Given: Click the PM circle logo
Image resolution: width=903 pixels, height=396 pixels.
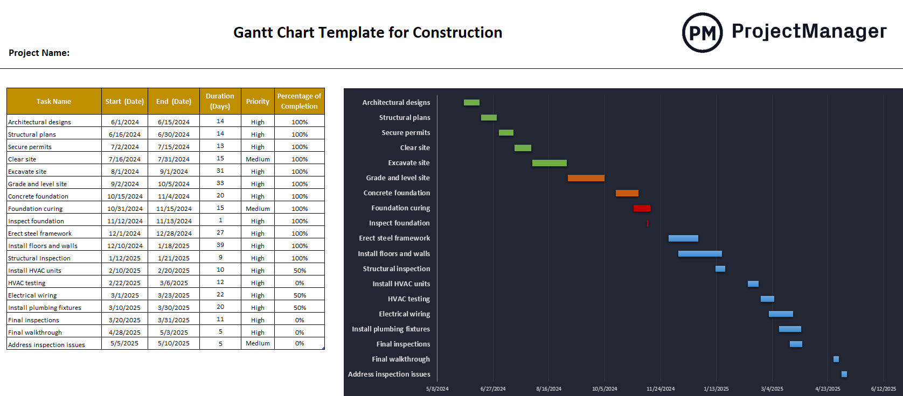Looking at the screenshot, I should click(702, 33).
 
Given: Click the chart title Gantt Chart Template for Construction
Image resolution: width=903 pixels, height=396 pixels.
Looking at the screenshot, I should click(367, 33).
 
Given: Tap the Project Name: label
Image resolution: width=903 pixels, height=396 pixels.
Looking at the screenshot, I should click(39, 53).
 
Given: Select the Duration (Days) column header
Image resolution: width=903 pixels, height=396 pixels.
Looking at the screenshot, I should click(220, 101).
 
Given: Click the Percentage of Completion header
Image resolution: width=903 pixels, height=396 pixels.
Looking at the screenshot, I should click(299, 101).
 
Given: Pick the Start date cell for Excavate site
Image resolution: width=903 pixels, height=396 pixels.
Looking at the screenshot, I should click(124, 172).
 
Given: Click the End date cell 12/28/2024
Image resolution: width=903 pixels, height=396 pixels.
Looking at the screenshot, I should click(173, 234).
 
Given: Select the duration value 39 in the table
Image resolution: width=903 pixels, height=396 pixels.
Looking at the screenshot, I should click(220, 245).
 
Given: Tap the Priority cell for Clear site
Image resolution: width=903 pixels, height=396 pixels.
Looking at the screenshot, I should click(258, 159).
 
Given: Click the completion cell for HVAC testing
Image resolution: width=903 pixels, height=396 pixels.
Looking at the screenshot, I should click(300, 283).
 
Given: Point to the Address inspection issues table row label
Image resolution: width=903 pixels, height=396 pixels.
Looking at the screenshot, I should click(46, 345).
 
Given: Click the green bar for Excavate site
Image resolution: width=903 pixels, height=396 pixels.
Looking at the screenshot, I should click(549, 163).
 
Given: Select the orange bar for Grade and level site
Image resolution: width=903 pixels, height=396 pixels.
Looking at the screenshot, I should click(586, 178).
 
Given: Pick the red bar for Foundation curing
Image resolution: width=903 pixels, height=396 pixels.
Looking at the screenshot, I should click(641, 208).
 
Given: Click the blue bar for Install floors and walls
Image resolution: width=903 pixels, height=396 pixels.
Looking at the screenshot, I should click(699, 253).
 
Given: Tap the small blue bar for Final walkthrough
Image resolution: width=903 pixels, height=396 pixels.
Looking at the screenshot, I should click(836, 359).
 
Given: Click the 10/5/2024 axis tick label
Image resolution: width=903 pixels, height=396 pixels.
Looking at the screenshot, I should click(604, 388).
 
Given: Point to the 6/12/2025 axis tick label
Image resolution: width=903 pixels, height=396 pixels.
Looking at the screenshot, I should click(883, 388).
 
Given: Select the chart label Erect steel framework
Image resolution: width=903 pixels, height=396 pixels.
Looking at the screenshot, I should click(394, 238).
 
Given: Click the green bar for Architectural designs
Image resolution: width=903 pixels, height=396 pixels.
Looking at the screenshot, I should click(471, 102).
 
